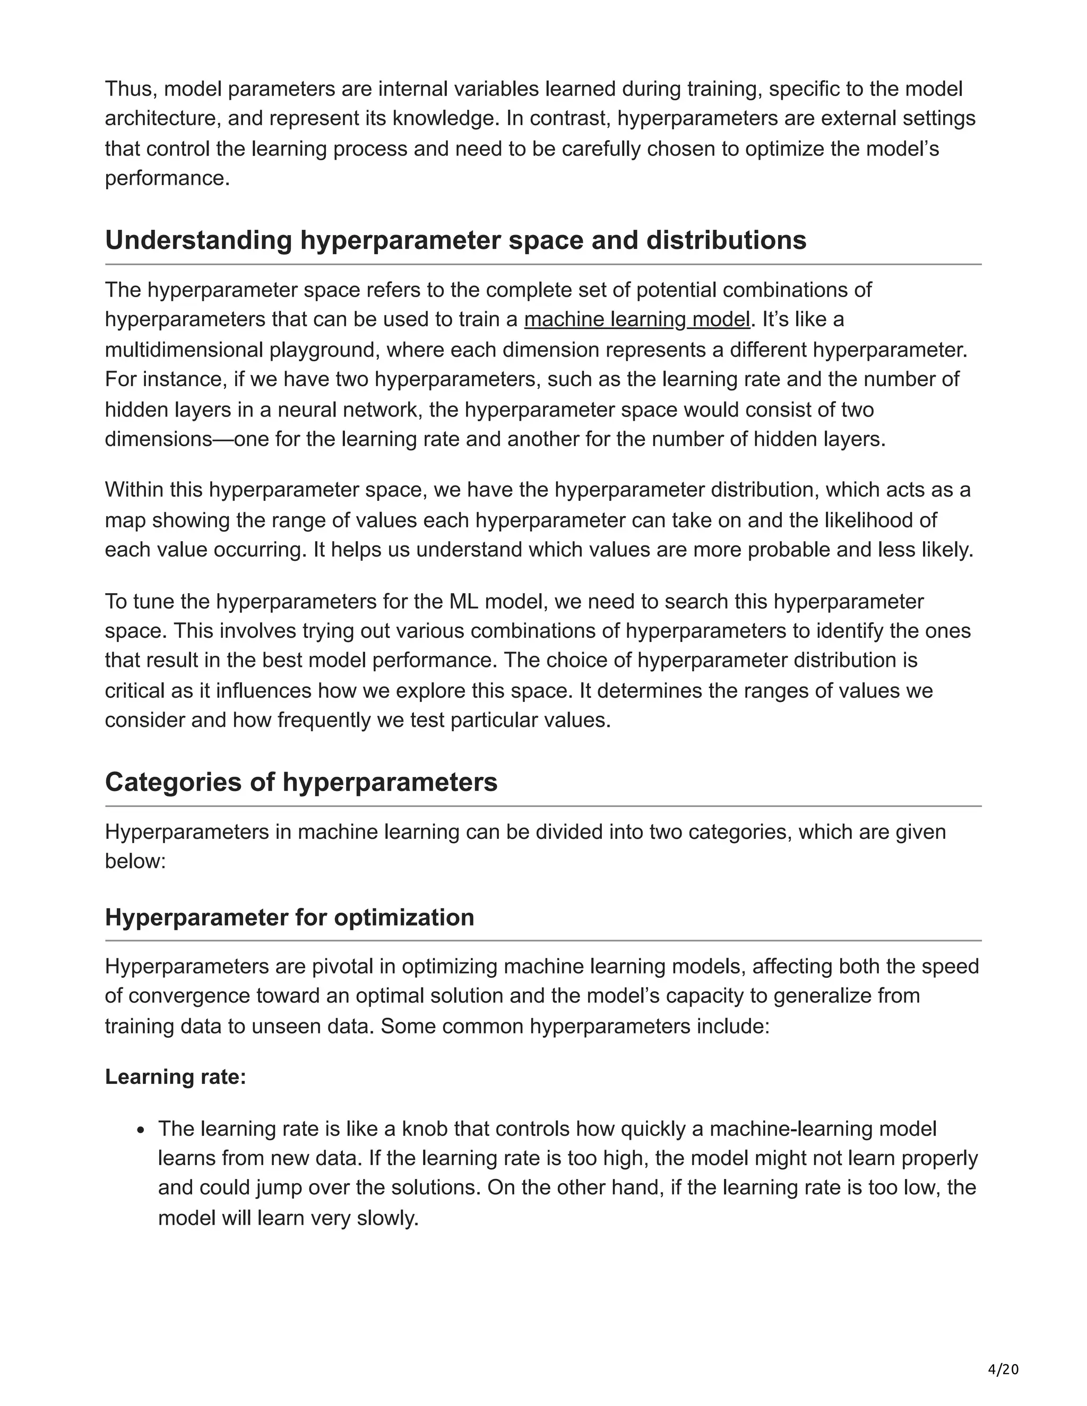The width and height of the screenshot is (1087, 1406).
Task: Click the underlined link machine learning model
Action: [x=637, y=319]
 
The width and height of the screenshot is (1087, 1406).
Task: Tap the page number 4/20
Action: [x=1003, y=1369]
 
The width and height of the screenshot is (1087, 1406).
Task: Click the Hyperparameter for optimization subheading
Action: [x=289, y=917]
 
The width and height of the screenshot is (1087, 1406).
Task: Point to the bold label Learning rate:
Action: [x=175, y=1077]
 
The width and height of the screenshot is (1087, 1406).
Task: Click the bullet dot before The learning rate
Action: [x=142, y=1130]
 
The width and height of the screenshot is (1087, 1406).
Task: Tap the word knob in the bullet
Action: [x=425, y=1129]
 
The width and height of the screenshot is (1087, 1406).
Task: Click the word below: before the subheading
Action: [x=135, y=861]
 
